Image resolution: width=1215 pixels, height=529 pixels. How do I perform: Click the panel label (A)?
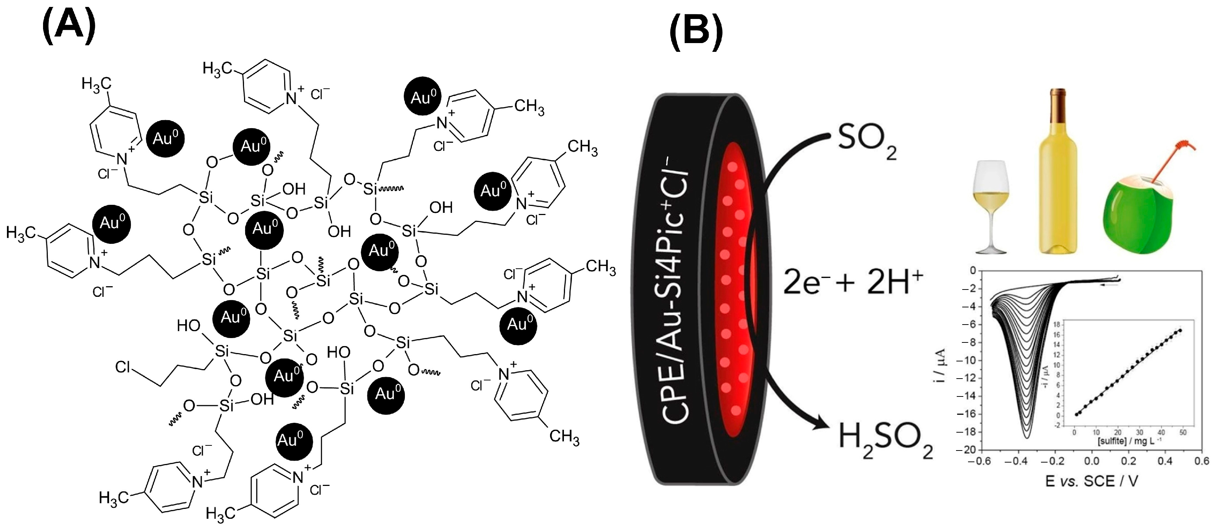69,27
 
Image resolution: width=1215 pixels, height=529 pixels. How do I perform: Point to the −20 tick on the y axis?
965,450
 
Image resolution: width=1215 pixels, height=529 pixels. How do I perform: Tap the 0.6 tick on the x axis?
1202,461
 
